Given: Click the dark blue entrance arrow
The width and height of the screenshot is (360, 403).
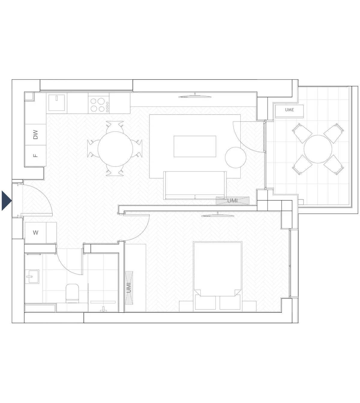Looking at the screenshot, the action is pos(7,200).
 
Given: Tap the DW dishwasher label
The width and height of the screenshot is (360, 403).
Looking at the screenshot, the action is pos(35,135).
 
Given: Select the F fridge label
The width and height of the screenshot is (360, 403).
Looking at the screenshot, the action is pos(35,155).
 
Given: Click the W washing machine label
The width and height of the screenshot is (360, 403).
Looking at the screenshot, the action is pos(36,233).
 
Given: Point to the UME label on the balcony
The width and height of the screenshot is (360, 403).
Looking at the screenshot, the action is pos(289,110).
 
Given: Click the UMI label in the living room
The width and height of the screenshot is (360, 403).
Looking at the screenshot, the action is pos(232,201).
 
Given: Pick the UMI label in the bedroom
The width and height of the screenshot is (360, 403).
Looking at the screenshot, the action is pos(129,288).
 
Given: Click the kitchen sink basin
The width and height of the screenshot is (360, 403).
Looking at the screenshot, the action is pos(57,103).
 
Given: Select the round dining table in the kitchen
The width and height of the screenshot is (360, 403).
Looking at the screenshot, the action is pos(115,149).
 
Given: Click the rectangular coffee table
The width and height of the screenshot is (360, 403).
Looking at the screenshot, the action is pos(195,146).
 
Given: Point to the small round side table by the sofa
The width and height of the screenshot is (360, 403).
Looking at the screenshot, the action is pos(236,158).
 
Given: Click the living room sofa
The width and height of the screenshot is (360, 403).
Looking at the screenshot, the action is pos(195,185).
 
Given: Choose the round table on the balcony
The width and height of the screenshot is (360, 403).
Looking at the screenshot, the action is pos(318,149).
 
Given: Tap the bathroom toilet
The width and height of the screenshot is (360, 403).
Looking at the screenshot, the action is pos(72,293).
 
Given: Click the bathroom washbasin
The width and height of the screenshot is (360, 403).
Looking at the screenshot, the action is pos(32,276).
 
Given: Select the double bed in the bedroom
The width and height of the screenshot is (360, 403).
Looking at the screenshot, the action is pos(218,276).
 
